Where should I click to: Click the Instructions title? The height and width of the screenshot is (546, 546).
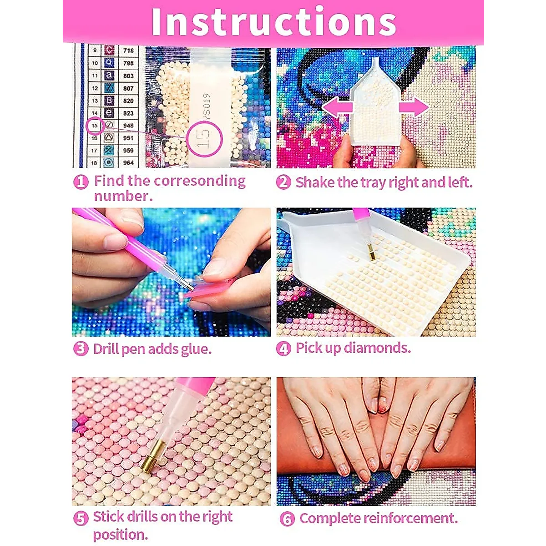(x=273, y=21)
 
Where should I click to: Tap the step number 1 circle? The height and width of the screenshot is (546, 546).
(x=81, y=182)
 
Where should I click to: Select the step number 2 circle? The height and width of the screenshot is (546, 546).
(x=283, y=182)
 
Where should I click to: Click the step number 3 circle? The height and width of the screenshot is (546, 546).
(x=81, y=349)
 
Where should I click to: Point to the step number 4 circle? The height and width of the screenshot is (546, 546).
(x=283, y=349)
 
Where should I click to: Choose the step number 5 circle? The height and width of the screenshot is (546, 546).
(x=81, y=518)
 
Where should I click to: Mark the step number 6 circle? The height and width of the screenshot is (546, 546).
(x=287, y=519)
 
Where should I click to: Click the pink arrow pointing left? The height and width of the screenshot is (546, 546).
(x=337, y=108)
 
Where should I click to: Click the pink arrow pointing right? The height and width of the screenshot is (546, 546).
(x=414, y=108)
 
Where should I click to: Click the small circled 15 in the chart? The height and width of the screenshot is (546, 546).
(x=95, y=125)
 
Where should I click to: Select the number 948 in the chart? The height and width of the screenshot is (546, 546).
(x=128, y=125)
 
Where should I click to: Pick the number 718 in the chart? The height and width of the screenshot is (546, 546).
(x=128, y=51)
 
